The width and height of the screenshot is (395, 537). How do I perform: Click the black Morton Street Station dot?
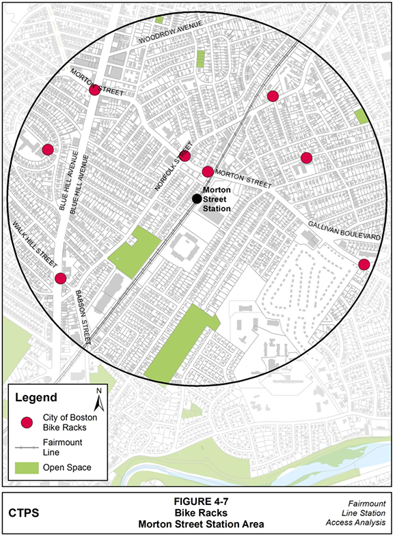(x=196, y=199)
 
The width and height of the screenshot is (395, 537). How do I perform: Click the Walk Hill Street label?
(x=33, y=240)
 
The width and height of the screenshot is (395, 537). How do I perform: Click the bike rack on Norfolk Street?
(x=184, y=156)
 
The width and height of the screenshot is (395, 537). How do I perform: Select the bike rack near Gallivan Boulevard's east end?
(x=364, y=264)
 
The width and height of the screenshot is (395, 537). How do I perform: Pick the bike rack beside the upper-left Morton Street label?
(x=95, y=89)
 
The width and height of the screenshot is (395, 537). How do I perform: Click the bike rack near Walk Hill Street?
(x=60, y=278)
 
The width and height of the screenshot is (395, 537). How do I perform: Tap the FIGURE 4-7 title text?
(x=197, y=503)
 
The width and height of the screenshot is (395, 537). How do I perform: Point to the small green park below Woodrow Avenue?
(x=200, y=59)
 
